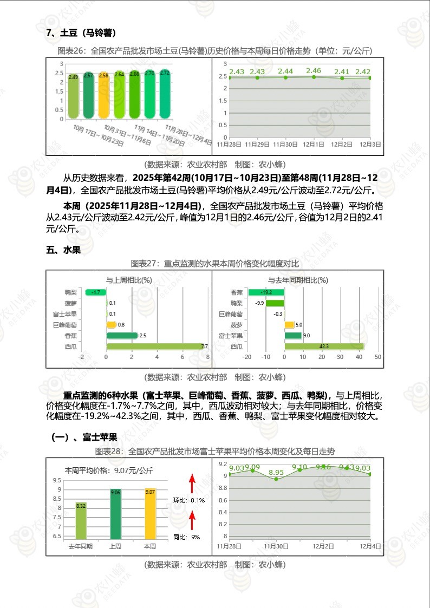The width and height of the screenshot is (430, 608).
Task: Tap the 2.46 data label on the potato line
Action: [314, 70]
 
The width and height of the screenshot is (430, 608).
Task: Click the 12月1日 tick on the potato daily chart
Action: [314, 145]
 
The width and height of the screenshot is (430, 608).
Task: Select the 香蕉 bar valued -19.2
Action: [266, 292]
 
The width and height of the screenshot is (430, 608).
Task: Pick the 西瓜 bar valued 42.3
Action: [324, 347]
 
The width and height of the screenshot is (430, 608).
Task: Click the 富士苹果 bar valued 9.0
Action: [293, 336]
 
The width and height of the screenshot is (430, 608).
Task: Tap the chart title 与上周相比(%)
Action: [129, 280]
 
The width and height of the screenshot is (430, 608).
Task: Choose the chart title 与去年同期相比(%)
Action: [298, 280]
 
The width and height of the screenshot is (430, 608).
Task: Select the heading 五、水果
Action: [63, 250]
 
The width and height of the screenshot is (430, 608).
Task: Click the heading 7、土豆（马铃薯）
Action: [81, 33]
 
